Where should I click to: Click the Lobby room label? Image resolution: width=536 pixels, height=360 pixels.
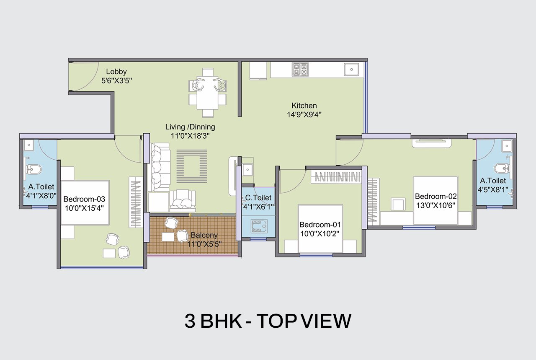click(x=116, y=72)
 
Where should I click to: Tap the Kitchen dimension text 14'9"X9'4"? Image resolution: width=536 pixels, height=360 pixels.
click(x=304, y=115)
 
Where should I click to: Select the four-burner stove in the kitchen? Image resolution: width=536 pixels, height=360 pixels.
click(x=300, y=70)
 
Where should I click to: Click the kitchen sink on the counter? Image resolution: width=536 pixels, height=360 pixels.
click(x=351, y=70)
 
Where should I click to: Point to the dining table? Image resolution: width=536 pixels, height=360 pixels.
click(x=208, y=93)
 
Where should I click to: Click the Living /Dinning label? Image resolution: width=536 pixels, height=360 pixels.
click(x=190, y=127)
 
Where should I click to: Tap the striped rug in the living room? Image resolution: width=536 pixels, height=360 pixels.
click(x=192, y=166)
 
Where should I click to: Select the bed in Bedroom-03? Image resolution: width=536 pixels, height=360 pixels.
click(x=85, y=203)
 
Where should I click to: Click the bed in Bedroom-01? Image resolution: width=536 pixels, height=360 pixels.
click(x=320, y=228)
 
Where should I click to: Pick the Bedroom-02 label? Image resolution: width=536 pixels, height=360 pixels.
click(x=436, y=197)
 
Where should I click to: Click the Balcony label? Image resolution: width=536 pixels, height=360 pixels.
click(x=204, y=235)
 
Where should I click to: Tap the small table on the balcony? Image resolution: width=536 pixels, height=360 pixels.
click(x=168, y=237)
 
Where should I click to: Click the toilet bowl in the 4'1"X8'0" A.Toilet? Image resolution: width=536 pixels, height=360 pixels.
click(x=33, y=169)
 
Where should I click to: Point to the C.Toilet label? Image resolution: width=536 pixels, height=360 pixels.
click(x=258, y=198)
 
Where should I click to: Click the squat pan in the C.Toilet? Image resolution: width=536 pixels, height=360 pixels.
click(x=259, y=226)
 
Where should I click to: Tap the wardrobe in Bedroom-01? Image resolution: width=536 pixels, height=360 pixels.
click(x=336, y=177)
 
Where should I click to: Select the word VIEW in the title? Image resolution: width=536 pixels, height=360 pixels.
click(x=326, y=321)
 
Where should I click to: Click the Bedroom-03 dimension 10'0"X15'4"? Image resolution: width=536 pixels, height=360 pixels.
click(x=84, y=208)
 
